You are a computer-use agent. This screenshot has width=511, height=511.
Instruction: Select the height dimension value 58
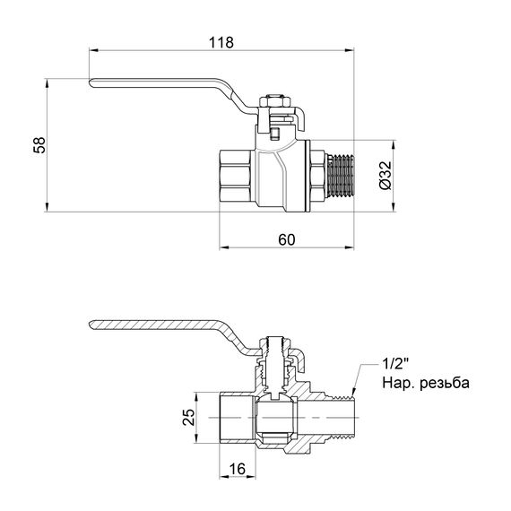(x=39, y=145)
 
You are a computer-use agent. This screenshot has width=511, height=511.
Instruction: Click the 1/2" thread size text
(x=395, y=366)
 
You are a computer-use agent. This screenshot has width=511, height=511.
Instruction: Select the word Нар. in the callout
(x=400, y=384)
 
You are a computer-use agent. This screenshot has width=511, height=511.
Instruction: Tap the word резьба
(x=445, y=384)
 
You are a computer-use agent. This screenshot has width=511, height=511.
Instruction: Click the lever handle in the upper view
(x=161, y=87)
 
